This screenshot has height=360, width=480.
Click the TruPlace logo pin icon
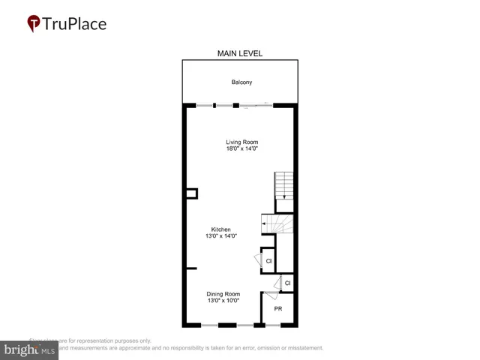[x=33, y=24]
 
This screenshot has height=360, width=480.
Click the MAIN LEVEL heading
[x=240, y=53]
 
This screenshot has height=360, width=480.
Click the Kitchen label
[x=220, y=229]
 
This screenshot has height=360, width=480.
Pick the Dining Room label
[x=224, y=294]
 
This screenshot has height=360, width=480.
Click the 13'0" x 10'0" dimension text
[x=224, y=301]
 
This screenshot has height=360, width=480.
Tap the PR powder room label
[x=277, y=309]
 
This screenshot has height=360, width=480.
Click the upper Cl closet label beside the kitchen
[x=268, y=261]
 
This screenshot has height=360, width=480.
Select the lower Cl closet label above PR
[x=287, y=283]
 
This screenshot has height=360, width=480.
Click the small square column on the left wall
[x=191, y=193]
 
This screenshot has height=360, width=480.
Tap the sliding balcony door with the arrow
[x=255, y=106]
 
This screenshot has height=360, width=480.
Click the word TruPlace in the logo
[x=76, y=24]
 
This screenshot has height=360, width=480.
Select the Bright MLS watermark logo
[x=30, y=349]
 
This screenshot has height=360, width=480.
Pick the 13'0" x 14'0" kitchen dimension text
[x=220, y=237]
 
